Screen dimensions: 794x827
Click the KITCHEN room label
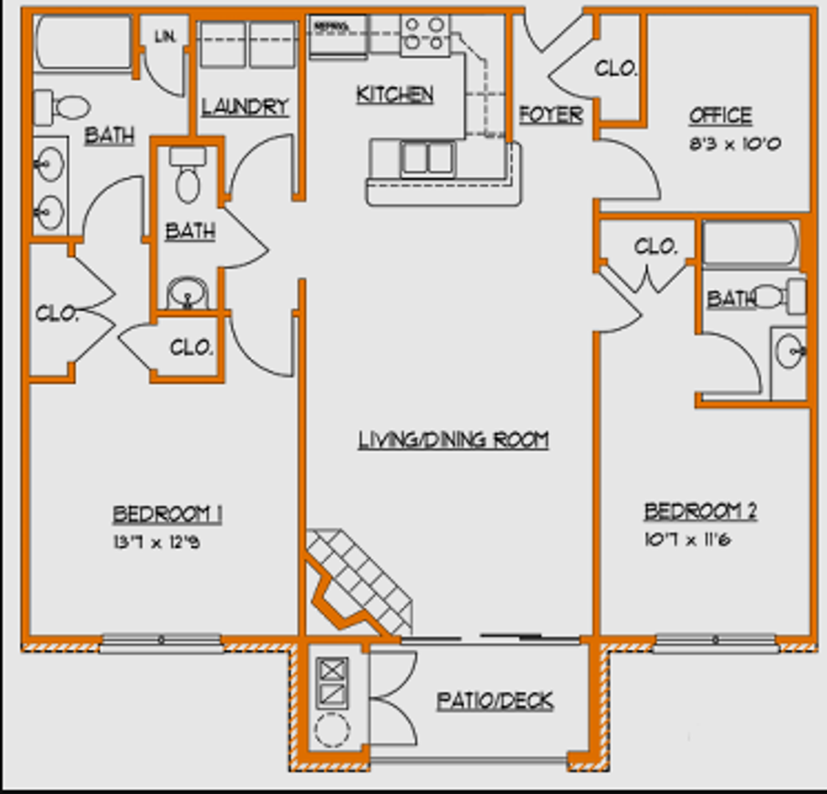pyautogui.click(x=395, y=94)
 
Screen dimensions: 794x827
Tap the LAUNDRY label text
pyautogui.click(x=245, y=107)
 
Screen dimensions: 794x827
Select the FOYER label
pyautogui.click(x=551, y=115)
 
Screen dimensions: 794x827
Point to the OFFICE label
pyautogui.click(x=720, y=115)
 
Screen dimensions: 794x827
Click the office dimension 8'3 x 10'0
pyautogui.click(x=734, y=143)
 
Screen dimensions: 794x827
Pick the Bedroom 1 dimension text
pyautogui.click(x=156, y=543)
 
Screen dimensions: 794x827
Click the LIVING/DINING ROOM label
pyautogui.click(x=454, y=440)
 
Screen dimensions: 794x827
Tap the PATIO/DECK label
pyautogui.click(x=495, y=701)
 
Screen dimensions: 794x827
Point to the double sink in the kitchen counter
pyautogui.click(x=427, y=158)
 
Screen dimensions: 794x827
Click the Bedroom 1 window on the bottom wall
pyautogui.click(x=160, y=643)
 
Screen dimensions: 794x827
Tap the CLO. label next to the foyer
pyautogui.click(x=615, y=68)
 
